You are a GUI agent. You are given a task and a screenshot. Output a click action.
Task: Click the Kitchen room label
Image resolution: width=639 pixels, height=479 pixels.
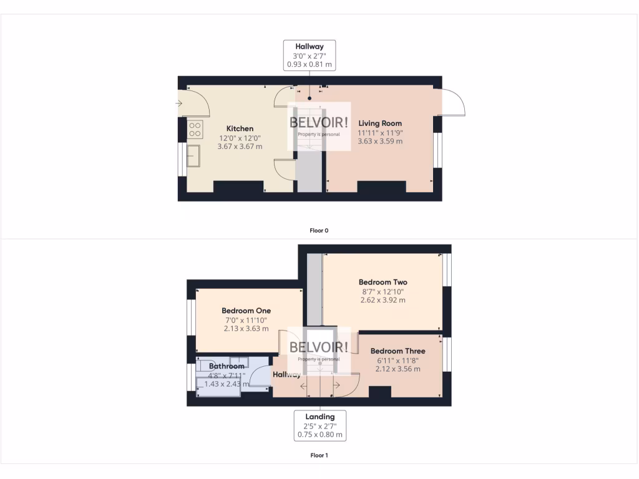[240, 128]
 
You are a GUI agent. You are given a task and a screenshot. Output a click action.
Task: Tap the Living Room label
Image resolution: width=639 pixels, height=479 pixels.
[380, 123]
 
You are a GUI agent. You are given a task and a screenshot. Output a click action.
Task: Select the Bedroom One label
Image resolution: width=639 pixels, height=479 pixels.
[246, 311]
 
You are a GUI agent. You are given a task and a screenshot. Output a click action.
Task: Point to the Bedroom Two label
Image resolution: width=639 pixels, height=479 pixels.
[383, 282]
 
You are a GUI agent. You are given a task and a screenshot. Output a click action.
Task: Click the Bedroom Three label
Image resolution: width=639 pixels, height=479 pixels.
[398, 351]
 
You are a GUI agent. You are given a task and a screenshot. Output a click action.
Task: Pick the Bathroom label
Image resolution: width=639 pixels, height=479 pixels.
[227, 366]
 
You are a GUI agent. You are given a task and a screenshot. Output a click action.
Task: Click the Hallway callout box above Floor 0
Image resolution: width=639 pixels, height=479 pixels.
[310, 55]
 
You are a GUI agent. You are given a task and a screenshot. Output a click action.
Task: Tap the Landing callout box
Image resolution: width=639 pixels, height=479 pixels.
[319, 425]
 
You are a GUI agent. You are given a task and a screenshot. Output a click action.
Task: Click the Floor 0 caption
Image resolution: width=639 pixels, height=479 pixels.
[319, 231]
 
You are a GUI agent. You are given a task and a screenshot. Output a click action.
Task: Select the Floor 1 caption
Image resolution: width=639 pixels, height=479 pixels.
[319, 455]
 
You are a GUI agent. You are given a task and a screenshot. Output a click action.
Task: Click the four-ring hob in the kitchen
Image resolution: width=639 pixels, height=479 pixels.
[195, 129]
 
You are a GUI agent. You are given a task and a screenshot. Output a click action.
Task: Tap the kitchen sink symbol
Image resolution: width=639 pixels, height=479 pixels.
[193, 156]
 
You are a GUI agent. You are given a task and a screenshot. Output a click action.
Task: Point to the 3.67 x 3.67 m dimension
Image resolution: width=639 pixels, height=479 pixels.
[240, 147]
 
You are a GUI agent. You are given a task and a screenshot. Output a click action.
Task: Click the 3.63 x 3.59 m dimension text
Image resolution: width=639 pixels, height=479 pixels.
[380, 142]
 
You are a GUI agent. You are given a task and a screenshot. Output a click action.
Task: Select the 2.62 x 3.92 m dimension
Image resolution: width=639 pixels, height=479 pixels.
[383, 300]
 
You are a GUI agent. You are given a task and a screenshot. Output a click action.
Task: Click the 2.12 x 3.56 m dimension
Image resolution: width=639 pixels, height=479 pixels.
[398, 369]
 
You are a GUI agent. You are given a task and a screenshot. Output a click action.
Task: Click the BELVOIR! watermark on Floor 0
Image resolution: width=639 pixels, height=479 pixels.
[319, 123]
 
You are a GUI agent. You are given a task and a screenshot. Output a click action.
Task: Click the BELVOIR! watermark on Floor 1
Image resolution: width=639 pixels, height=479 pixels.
[319, 347]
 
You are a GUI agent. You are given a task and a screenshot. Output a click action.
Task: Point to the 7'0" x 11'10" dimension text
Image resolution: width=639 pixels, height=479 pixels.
[246, 320]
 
